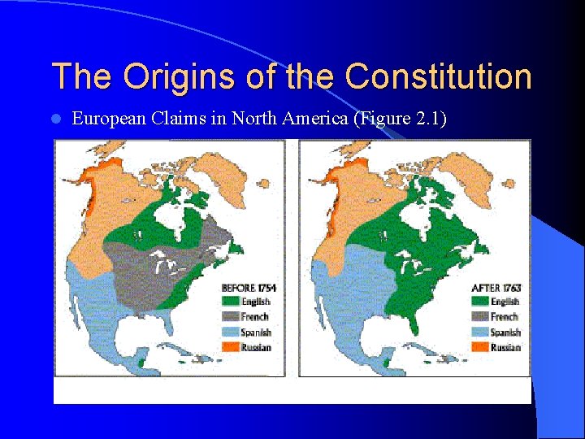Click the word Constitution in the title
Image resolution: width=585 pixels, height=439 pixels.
coord(438,77)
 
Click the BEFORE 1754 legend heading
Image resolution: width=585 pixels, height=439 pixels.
coord(249,288)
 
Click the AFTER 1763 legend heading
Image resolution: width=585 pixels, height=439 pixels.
coord(496,288)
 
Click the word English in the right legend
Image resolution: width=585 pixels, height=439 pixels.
coord(505,302)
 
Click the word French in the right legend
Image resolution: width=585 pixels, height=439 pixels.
coord(504,317)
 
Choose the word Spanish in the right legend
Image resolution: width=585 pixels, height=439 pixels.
coord(505,332)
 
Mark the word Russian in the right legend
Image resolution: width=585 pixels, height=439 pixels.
coord(505,347)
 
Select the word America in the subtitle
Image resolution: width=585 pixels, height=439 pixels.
coord(312,119)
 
